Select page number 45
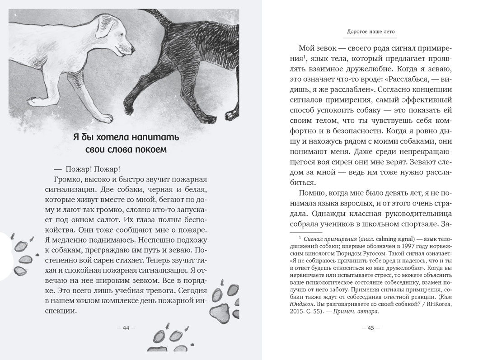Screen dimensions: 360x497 [x=370, y=328]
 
